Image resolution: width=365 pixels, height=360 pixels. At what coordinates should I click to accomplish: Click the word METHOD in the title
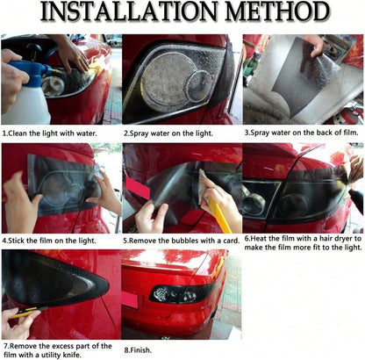(276, 12)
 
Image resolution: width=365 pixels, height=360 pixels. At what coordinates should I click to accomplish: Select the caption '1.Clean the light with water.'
(49, 133)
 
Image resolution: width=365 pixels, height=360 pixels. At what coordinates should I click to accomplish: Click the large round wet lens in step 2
(168, 82)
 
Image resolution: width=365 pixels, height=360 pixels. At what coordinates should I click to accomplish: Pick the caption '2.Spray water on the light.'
(168, 133)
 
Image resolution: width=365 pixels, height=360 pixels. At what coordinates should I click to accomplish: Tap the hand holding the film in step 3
(314, 45)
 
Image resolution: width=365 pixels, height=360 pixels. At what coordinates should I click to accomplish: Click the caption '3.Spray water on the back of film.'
(302, 133)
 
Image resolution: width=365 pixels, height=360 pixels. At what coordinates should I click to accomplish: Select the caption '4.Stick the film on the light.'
(49, 241)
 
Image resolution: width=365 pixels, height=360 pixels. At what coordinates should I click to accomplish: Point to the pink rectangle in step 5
(137, 188)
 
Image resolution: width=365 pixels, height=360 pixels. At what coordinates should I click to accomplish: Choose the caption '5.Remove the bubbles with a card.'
(182, 241)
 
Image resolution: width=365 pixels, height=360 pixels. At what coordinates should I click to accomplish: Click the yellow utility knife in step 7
(28, 312)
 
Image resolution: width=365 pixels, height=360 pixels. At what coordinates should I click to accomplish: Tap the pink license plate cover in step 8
(129, 299)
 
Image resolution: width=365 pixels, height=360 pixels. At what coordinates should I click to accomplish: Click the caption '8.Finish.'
(138, 350)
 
